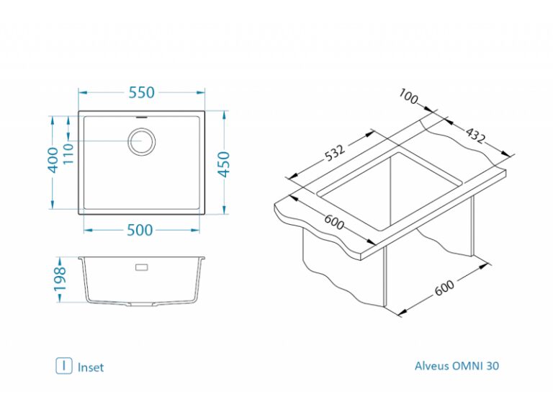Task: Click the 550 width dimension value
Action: [141, 92]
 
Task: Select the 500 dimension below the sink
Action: [140, 230]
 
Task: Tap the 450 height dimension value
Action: [224, 164]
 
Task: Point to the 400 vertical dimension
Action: [53, 160]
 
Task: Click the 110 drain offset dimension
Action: [68, 153]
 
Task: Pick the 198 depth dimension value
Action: [60, 280]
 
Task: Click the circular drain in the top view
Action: [141, 141]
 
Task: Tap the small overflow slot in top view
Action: [142, 116]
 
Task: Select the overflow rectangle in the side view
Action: [142, 267]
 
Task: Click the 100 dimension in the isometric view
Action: [408, 97]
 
